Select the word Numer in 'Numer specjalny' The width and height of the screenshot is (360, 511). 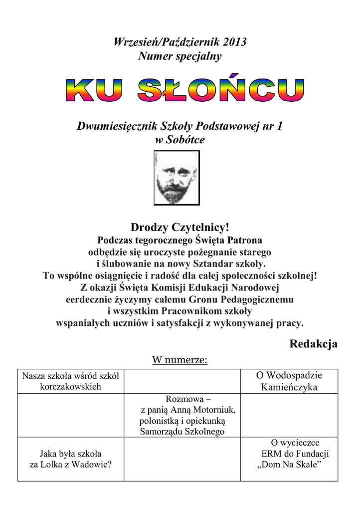[x=153, y=56]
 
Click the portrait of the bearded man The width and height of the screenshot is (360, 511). [x=177, y=178]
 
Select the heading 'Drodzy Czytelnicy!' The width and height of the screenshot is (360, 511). [x=180, y=228]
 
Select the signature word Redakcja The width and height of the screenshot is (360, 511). [x=313, y=344]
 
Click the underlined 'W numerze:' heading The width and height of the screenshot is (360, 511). [x=180, y=360]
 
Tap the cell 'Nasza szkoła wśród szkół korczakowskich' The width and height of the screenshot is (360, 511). [x=70, y=381]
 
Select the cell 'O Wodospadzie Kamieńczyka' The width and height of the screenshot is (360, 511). [x=289, y=381]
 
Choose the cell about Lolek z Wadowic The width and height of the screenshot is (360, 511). [x=70, y=459]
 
